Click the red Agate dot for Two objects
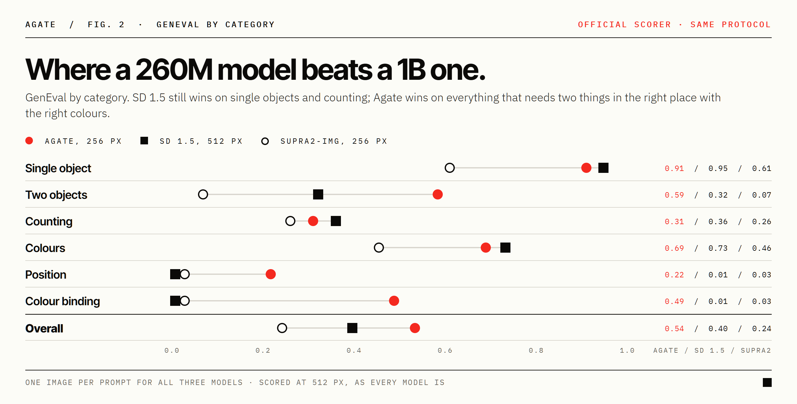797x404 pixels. coord(438,194)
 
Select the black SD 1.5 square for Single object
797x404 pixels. coord(603,168)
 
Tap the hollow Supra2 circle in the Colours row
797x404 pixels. coord(379,248)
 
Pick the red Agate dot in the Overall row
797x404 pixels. coord(415,328)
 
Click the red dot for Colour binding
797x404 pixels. coord(394,301)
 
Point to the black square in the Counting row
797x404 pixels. coord(336,221)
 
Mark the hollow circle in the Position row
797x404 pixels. coord(185,274)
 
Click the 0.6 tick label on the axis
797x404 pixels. coord(445,350)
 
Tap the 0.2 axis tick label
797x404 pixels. coord(263,350)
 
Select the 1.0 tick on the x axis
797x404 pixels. coord(627,350)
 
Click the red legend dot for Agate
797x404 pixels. coord(29,141)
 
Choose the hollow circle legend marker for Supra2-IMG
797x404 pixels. coord(265,141)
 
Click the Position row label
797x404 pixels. coord(46,275)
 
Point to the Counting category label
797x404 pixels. coord(49,222)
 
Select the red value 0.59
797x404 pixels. coord(674,195)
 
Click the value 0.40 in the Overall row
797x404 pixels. coord(718,329)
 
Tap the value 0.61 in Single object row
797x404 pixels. coord(762,168)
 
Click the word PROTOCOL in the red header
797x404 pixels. coord(746,25)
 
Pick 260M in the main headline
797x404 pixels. coord(174,70)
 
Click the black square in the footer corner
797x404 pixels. coord(767,382)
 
